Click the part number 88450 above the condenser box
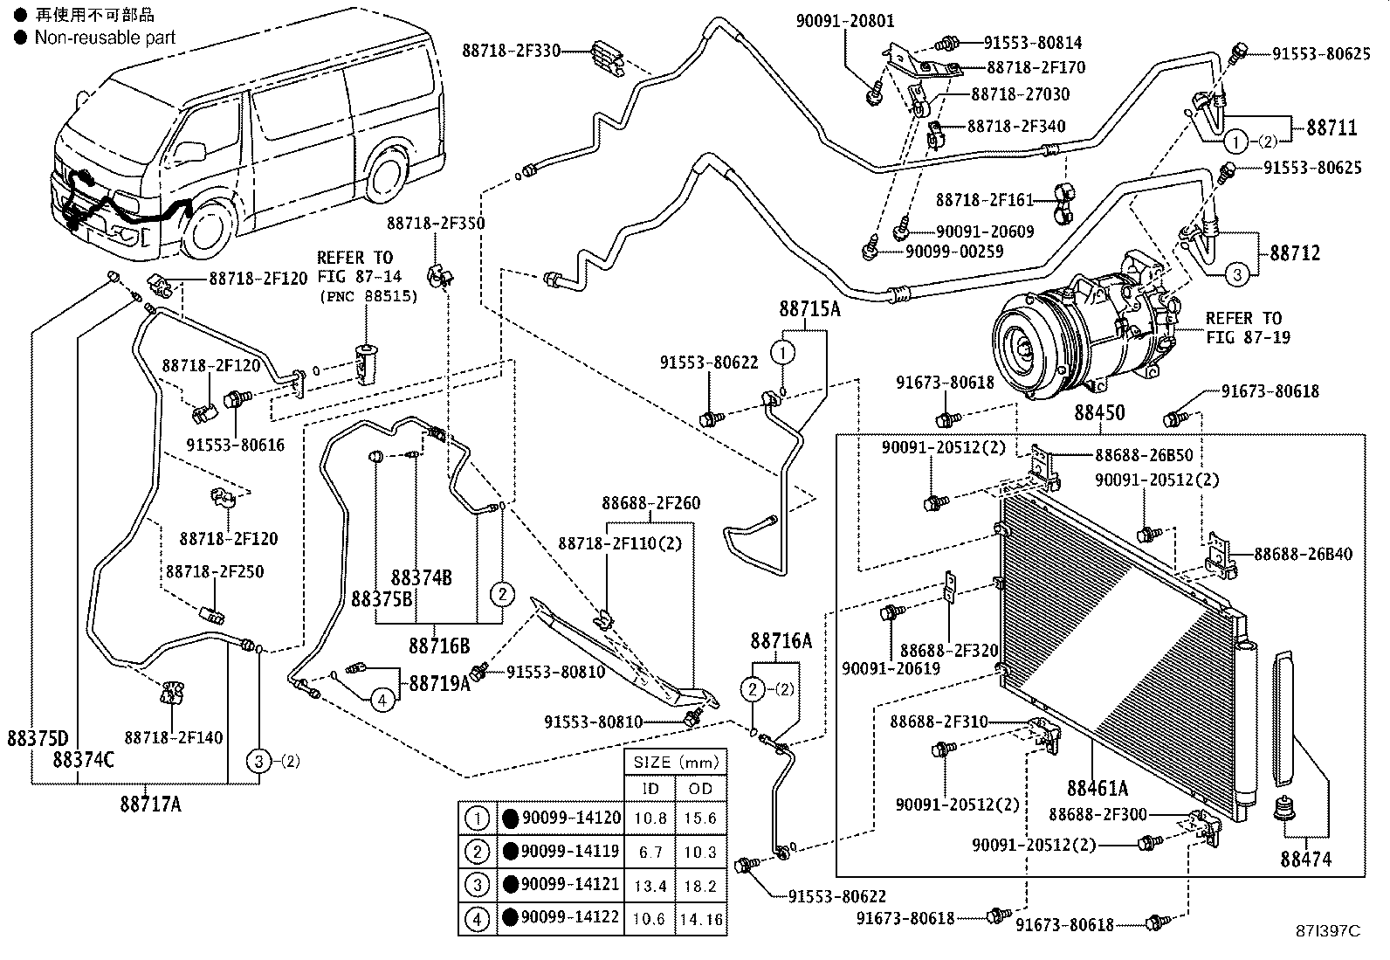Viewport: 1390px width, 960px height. (1099, 412)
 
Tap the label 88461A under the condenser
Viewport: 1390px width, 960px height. (1098, 789)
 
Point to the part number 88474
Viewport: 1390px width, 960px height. (1305, 860)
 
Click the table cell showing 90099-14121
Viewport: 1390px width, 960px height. (570, 884)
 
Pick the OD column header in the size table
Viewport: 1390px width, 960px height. (700, 789)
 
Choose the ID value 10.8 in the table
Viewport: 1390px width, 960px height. (650, 818)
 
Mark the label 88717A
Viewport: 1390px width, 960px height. (151, 805)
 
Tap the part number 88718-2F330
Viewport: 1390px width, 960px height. (511, 51)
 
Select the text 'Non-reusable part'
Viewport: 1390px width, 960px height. (105, 38)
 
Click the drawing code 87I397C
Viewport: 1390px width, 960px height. (1327, 931)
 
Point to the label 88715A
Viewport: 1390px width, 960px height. (809, 308)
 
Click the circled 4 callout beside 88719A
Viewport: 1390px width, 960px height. (382, 701)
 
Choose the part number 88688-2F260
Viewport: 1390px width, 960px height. (651, 503)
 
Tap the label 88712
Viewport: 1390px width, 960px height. (1295, 252)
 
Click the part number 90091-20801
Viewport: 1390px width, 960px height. (845, 21)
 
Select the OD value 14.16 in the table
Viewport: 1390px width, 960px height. (700, 919)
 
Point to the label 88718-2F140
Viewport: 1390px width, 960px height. (173, 737)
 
